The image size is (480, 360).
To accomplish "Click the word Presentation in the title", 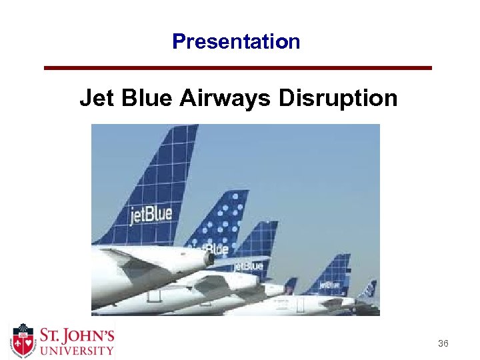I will click(x=236, y=42).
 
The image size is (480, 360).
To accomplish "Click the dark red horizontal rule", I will click(x=238, y=68).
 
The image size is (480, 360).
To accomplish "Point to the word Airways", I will click(x=225, y=99).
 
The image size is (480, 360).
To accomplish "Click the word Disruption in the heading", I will click(x=338, y=99).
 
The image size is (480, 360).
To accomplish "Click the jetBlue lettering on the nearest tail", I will click(x=150, y=215).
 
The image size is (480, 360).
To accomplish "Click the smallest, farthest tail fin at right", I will click(x=368, y=289).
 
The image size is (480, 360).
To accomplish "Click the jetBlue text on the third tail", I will click(x=249, y=266).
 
